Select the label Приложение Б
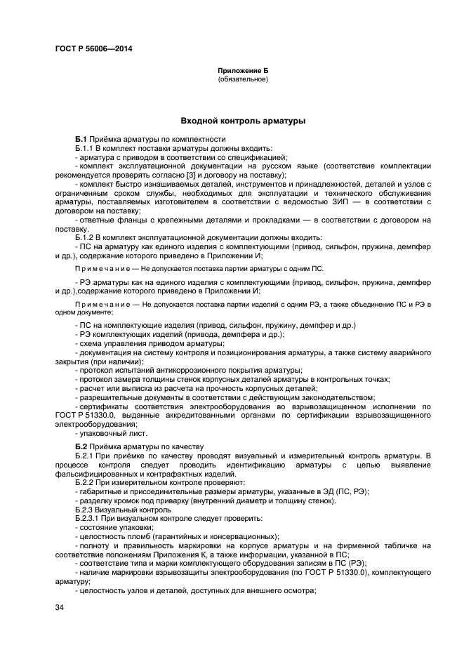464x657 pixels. pos(243,71)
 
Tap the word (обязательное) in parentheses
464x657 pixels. pos(243,79)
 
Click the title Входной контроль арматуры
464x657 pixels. pos(243,121)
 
